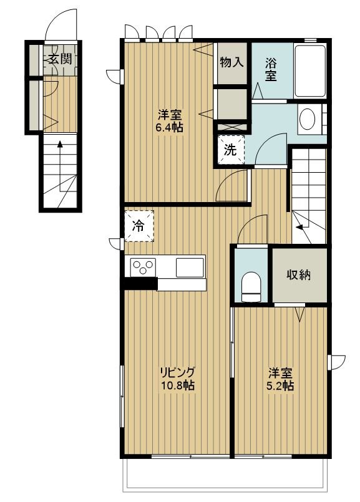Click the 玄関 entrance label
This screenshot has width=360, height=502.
click(60, 59)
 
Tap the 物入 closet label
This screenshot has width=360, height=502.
click(231, 62)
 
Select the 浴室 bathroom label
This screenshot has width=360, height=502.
click(271, 69)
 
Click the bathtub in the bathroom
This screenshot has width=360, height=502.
click(310, 70)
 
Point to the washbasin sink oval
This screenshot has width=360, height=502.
click(307, 119)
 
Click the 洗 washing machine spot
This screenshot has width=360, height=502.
click(231, 150)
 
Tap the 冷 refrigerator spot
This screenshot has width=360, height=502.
click(139, 226)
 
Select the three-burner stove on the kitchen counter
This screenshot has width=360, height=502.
click(142, 267)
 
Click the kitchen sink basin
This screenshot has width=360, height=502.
click(190, 268)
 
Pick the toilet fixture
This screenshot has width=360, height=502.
click(251, 287)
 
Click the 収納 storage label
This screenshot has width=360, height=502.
click(298, 274)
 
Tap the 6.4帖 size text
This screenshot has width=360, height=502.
click(170, 128)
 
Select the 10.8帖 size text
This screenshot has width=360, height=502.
click(177, 385)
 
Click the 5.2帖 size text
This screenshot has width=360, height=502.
click(280, 386)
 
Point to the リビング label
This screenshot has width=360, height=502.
click(177, 372)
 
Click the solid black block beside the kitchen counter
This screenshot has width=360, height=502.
click(140, 284)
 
